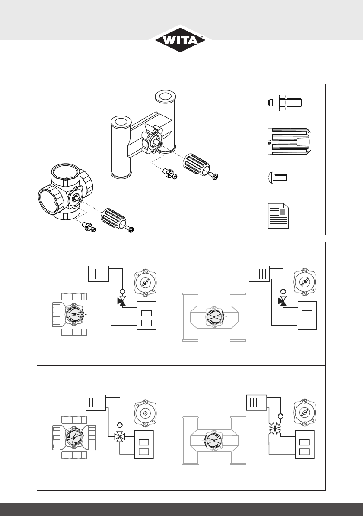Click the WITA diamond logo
coord(180,39)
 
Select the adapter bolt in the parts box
coord(285,102)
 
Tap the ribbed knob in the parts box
coord(287,142)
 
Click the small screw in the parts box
coord(278,178)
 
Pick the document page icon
coord(278,216)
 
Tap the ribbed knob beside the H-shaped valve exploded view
coord(196,164)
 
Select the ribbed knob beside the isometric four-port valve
coord(114,217)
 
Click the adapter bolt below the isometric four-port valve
coord(89,227)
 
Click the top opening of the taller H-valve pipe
coord(166,97)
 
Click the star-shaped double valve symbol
coord(275,429)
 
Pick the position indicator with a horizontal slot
coord(146,413)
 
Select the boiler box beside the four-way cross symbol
coord(144,445)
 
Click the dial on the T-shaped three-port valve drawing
coord(75,314)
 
